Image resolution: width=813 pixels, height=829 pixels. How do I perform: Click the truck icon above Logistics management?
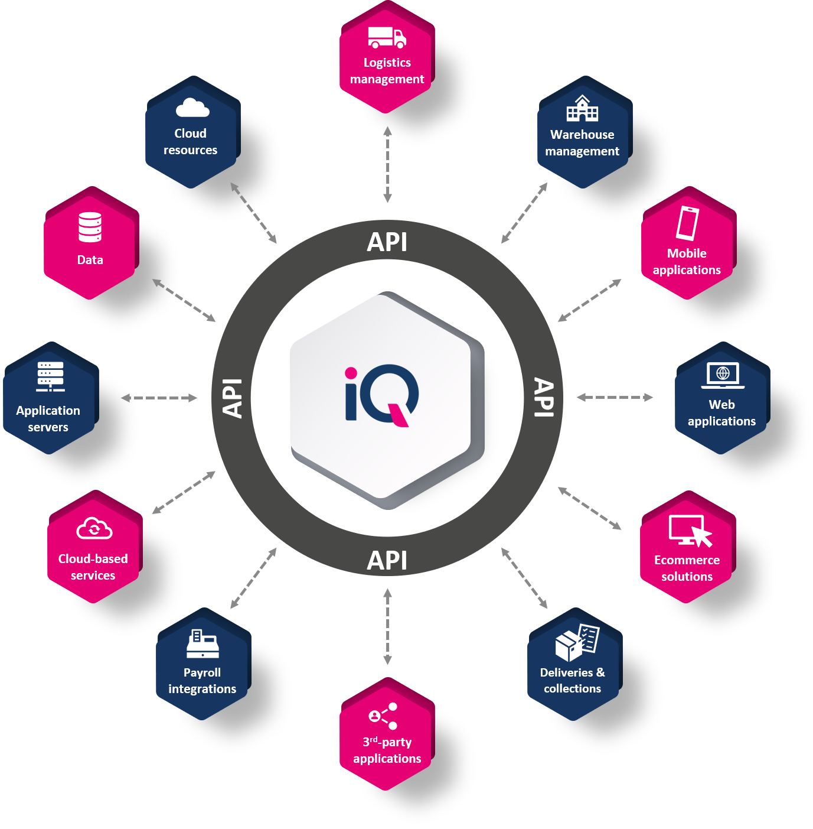click(x=387, y=37)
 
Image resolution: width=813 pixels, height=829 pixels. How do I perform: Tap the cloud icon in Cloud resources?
click(x=192, y=108)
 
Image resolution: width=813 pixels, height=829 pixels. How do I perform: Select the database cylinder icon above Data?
click(x=90, y=227)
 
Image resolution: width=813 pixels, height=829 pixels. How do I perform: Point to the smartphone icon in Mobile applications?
click(x=687, y=223)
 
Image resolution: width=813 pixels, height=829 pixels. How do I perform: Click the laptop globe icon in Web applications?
click(x=722, y=375)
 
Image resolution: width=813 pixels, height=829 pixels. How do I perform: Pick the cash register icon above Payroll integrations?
click(x=203, y=643)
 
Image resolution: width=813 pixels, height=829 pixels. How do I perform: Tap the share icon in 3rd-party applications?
click(x=383, y=716)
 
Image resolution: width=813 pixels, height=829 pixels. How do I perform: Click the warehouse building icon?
click(x=582, y=108)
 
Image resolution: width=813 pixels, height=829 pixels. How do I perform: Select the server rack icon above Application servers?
click(x=50, y=376)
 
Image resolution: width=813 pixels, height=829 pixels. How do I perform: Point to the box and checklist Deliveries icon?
click(x=577, y=643)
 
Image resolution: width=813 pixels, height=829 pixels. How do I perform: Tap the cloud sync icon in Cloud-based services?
click(x=94, y=528)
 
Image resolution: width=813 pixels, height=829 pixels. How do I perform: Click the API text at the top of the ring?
click(x=387, y=242)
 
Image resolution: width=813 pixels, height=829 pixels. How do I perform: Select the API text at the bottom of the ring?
click(x=387, y=561)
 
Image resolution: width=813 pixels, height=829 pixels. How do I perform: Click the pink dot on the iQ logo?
click(x=350, y=373)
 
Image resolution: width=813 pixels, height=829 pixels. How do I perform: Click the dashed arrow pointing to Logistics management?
click(x=387, y=164)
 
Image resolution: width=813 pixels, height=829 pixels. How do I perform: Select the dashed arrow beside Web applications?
click(x=615, y=397)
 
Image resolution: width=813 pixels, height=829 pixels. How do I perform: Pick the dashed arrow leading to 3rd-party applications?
click(x=387, y=626)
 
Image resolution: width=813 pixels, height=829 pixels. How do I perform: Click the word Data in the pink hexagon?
click(x=90, y=260)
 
